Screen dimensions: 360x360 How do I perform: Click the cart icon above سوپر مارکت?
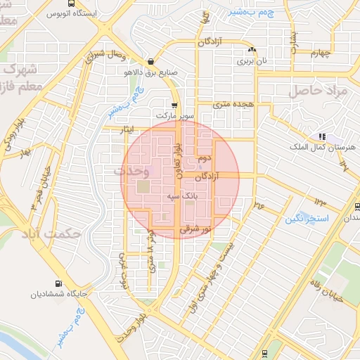[x=174, y=105]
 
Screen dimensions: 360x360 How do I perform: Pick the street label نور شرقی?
[x=195, y=229]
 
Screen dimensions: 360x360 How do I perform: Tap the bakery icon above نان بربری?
[x=252, y=51]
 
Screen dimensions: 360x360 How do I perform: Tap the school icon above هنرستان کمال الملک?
[x=321, y=136]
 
